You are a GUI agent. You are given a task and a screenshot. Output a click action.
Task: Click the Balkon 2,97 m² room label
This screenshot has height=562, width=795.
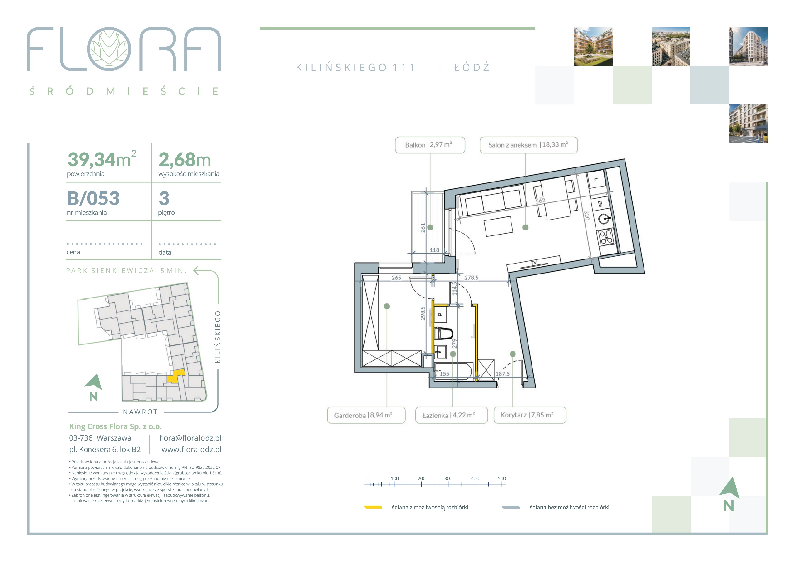click(430, 145)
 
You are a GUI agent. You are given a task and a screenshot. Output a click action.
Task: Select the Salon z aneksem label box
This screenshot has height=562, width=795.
click(528, 145)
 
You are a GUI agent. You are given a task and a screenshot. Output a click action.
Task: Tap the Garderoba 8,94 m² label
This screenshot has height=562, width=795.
click(366, 415)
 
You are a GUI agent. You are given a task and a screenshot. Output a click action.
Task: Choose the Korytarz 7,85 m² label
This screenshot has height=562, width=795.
click(530, 415)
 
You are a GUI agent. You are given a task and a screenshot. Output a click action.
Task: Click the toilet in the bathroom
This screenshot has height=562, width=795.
click(444, 334)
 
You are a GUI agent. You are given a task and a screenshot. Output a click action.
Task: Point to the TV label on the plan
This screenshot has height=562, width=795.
click(534, 263)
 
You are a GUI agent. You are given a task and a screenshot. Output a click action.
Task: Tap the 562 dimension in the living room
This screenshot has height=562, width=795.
click(540, 201)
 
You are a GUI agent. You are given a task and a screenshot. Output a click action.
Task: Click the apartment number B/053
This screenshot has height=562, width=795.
click(93, 198)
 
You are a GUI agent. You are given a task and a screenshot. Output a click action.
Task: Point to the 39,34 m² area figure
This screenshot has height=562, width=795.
click(102, 159)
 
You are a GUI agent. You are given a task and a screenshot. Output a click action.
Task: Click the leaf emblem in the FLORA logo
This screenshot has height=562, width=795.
click(109, 49)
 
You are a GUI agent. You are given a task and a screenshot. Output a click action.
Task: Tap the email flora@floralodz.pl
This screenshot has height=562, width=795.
click(190, 438)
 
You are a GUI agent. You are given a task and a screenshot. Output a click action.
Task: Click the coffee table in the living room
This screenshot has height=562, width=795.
click(499, 226)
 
